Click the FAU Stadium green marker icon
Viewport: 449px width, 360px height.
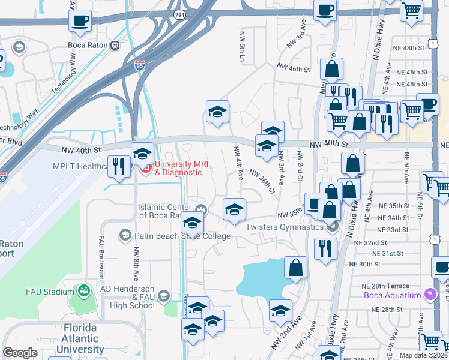coord(83,292)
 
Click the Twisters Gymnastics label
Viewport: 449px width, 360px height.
coord(284,226)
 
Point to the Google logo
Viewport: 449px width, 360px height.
coord(20,353)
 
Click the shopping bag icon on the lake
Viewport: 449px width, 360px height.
coord(296,268)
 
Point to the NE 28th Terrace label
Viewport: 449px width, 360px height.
coord(390,286)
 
